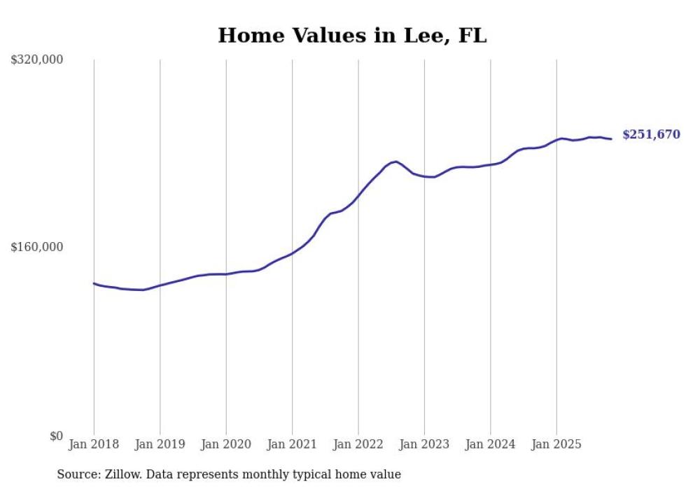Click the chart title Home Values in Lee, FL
352,35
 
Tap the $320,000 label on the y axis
37,59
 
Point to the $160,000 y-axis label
37,247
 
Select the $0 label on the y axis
56,436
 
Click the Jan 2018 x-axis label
94,444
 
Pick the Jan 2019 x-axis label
160,444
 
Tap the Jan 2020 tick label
226,444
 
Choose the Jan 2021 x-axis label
292,444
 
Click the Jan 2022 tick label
358,444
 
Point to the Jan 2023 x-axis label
424,444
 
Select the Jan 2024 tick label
490,444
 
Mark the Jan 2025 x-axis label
556,444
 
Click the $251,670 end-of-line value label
651,134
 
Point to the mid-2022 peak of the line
396,162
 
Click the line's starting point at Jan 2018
94,283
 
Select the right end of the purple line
611,139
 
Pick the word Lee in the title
419,35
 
